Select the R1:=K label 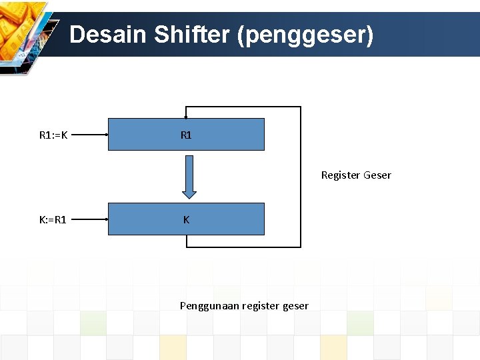tap(53, 135)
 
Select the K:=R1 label tap(53, 219)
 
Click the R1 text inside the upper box tap(186, 135)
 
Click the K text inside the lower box tap(186, 219)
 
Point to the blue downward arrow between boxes tap(189, 177)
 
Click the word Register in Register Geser tap(341, 175)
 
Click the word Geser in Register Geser tap(377, 175)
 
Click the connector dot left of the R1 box tap(107, 135)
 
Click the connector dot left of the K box tap(107, 219)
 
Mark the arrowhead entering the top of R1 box tap(186, 115)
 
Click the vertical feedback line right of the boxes tap(301, 177)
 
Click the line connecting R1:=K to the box tap(90, 135)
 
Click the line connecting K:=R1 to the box tap(90, 219)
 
